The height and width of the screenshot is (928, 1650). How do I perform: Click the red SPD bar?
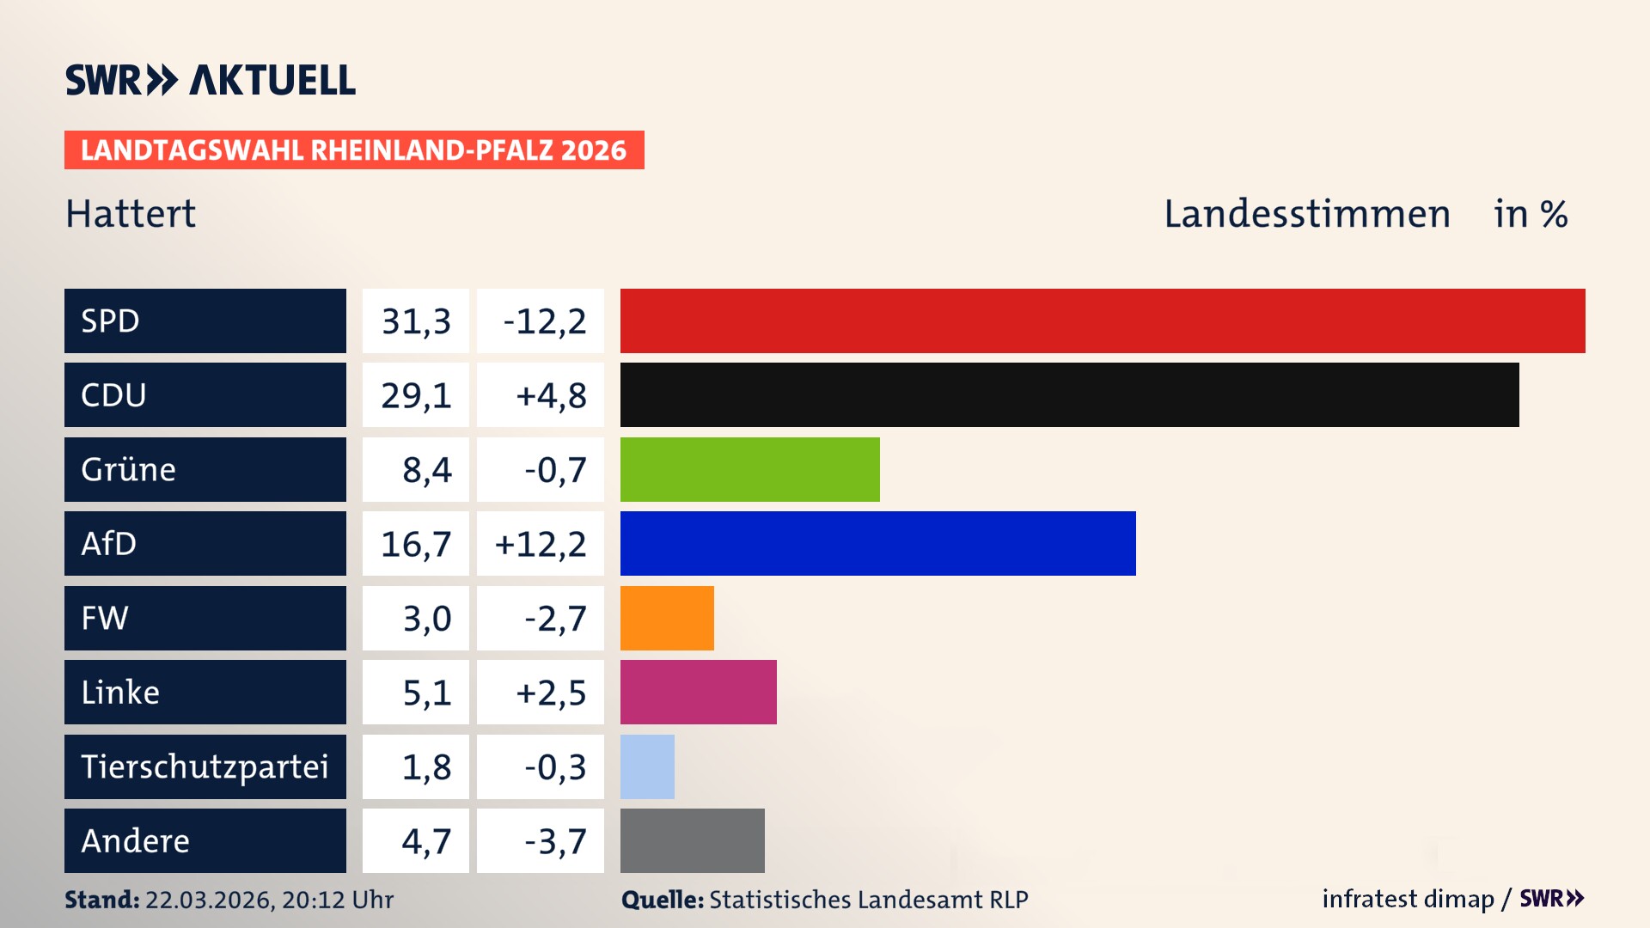point(1103,321)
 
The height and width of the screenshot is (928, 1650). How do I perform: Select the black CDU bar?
point(1069,395)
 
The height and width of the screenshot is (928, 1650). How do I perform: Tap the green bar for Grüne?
point(749,469)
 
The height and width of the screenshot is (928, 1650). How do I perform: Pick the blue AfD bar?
point(877,543)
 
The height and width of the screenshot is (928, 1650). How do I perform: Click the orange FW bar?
point(667,618)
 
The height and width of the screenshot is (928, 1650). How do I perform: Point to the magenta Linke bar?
point(698,692)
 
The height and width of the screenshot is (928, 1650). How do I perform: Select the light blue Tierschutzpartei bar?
point(647,766)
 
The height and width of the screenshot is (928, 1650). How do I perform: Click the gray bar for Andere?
point(692,840)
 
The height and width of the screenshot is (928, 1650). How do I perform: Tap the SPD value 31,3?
point(416,321)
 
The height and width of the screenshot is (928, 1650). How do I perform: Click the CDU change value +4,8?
point(550,395)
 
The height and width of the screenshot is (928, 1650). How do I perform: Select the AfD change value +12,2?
point(541,544)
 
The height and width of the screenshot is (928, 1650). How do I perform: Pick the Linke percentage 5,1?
point(426,693)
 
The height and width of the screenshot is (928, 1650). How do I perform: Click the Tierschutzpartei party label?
point(205,766)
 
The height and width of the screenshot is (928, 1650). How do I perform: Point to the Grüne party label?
point(129,469)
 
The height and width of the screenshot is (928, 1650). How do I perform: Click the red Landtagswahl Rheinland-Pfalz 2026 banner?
point(354,150)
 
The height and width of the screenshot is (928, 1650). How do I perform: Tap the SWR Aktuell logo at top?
point(211,80)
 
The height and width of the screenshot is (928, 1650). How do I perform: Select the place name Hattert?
point(131,214)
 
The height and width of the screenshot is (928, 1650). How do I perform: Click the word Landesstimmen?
point(1306,214)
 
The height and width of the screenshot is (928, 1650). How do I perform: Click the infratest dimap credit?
point(1407,899)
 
